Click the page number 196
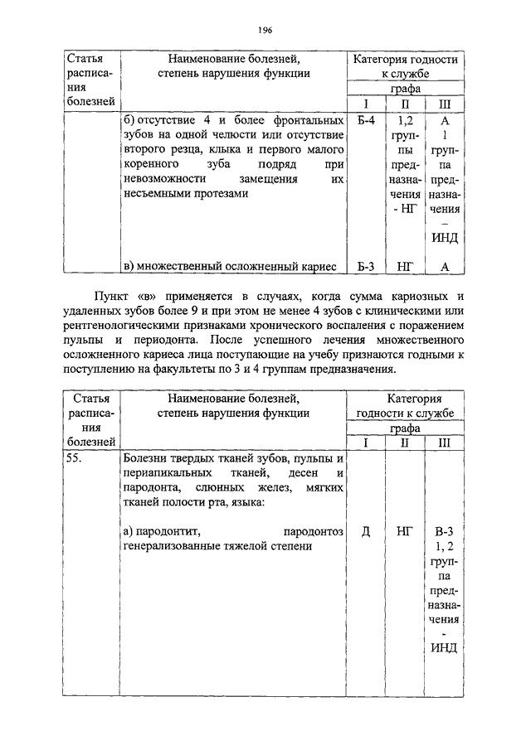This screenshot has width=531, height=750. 265,30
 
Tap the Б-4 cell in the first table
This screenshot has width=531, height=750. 366,120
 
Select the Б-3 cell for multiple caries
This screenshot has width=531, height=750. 366,266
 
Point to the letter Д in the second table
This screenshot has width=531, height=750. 366,531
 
